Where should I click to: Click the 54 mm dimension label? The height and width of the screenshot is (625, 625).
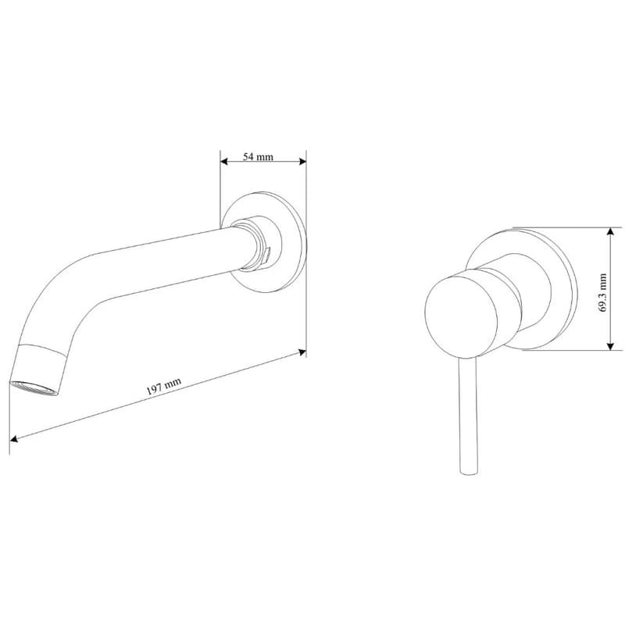click(x=259, y=157)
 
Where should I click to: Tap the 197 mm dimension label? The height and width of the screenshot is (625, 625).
click(x=163, y=386)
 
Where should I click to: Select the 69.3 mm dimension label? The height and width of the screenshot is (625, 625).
click(x=602, y=293)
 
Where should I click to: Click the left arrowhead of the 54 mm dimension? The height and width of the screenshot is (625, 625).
click(x=224, y=162)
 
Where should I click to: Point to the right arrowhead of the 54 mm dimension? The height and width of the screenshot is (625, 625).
click(x=302, y=162)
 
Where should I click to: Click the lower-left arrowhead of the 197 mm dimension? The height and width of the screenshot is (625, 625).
click(x=13, y=438)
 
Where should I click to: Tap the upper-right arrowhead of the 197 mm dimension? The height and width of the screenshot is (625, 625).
click(x=302, y=352)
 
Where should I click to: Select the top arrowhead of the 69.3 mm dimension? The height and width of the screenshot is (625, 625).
click(x=610, y=231)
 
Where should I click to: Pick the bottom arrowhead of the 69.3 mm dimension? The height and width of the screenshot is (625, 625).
click(x=610, y=346)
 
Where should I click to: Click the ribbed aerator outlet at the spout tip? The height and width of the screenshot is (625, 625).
click(x=34, y=388)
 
